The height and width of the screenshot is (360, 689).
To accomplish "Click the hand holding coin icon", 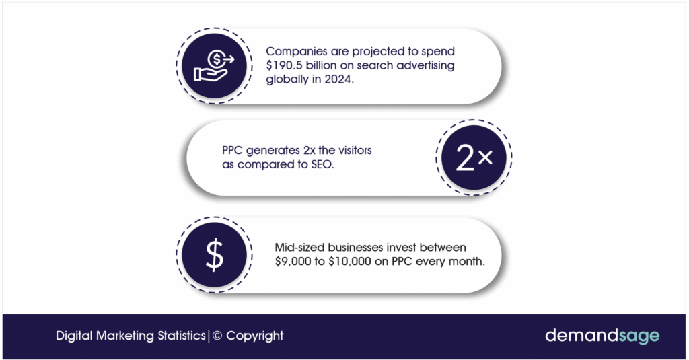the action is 214,66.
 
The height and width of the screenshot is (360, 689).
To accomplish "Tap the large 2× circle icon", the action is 474,157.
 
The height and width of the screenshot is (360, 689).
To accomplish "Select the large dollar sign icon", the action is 215,254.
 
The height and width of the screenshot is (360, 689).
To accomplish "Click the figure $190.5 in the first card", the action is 284,65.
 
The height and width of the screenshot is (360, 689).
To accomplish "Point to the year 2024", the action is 338,79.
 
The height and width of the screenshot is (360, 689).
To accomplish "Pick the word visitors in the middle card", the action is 355,150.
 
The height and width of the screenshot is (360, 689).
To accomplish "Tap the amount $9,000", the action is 293,262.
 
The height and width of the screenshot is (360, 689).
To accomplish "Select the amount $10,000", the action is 350,262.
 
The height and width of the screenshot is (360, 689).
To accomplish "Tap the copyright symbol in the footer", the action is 217,336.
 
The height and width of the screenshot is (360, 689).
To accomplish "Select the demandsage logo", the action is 602,336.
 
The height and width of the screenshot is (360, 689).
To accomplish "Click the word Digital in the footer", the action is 74,336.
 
